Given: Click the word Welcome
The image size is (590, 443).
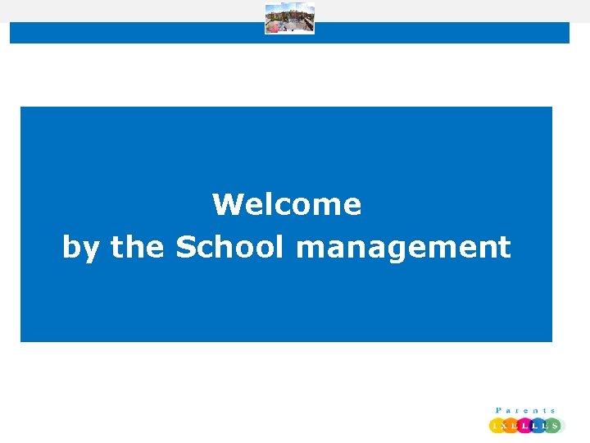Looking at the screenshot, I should click(287, 204).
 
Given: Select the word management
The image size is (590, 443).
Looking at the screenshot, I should click(403, 248).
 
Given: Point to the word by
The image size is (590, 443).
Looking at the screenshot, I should click(79, 248).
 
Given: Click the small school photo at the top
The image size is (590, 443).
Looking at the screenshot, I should click(289, 19).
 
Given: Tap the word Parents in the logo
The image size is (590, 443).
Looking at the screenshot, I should click(526, 410).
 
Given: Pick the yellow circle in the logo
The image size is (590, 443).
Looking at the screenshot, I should click(496, 426).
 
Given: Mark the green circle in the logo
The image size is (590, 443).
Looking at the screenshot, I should click(553, 426).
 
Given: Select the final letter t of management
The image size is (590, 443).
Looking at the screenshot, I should click(505, 247).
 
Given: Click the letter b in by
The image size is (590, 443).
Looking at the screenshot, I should click(70, 247).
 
